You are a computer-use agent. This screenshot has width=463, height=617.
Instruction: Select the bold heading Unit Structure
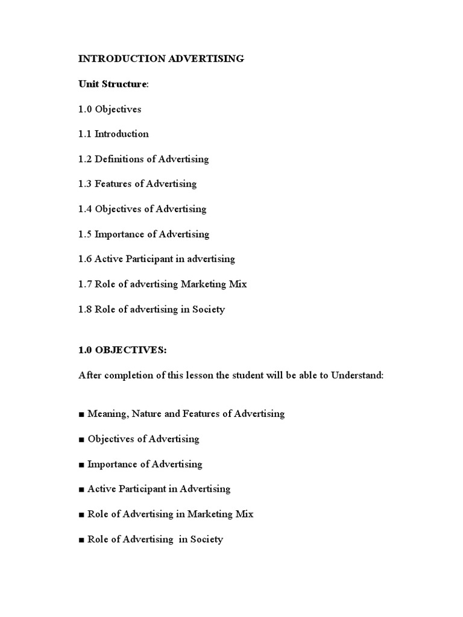pos(112,84)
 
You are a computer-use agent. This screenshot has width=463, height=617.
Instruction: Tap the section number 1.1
pos(85,134)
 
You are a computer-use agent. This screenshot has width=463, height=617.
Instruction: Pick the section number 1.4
pos(85,209)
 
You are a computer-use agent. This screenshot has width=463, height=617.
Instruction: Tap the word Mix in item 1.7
pos(238,284)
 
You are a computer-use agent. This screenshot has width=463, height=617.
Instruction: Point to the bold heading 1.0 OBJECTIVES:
pos(122,351)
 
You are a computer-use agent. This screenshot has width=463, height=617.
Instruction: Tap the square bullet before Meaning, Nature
pos(81,415)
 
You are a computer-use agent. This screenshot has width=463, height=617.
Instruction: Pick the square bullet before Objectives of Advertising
pos(81,440)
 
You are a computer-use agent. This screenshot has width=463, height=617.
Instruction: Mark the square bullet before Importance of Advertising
pos(81,465)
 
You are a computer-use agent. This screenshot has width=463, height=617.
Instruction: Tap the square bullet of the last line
pos(81,540)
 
